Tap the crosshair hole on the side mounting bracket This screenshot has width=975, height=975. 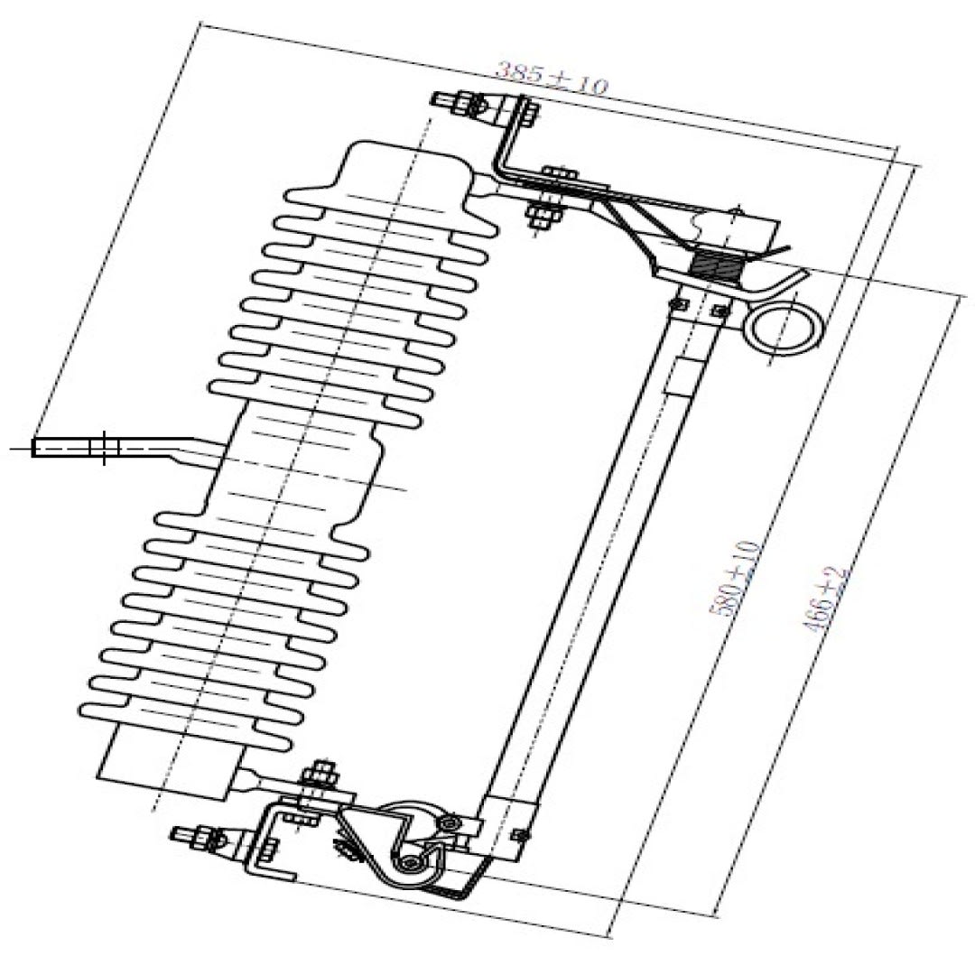pos(104,447)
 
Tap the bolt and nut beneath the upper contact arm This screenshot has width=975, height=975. pos(544,215)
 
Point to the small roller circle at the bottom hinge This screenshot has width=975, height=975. pos(412,864)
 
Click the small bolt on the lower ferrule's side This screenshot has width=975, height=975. pos(518,834)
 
